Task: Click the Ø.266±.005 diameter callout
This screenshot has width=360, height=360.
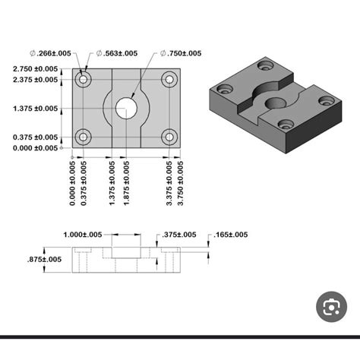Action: tap(51, 53)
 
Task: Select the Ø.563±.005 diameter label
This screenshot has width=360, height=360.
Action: tap(117, 53)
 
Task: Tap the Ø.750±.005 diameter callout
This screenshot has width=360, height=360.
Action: tap(181, 53)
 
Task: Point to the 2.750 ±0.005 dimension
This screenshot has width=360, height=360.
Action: tap(36, 69)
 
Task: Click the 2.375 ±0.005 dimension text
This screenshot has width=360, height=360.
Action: tap(36, 79)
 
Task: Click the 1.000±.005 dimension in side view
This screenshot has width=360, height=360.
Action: tap(83, 235)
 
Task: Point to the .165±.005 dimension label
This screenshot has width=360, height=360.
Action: tap(231, 235)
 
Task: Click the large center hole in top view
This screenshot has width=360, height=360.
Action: tap(126, 108)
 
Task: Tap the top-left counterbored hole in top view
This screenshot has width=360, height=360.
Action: tap(83, 79)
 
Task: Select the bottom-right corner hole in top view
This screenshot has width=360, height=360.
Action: tap(169, 137)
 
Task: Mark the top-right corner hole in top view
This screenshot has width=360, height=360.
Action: tap(169, 79)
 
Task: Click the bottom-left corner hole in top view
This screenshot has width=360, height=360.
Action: tap(83, 137)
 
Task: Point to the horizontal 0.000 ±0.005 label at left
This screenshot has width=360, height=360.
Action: tap(36, 147)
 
